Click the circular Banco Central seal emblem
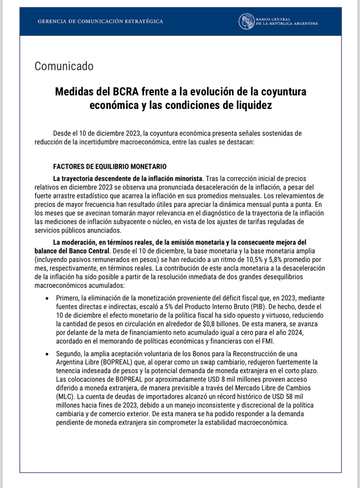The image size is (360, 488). (246, 21)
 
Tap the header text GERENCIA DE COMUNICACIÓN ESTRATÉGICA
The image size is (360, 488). (100, 21)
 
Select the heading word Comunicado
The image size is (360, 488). (64, 66)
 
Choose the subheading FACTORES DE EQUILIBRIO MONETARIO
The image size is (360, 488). (110, 166)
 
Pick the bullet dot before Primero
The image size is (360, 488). (47, 299)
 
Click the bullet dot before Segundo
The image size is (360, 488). (47, 354)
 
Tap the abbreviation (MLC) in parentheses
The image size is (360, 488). (65, 397)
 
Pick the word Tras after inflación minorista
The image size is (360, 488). (212, 179)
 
